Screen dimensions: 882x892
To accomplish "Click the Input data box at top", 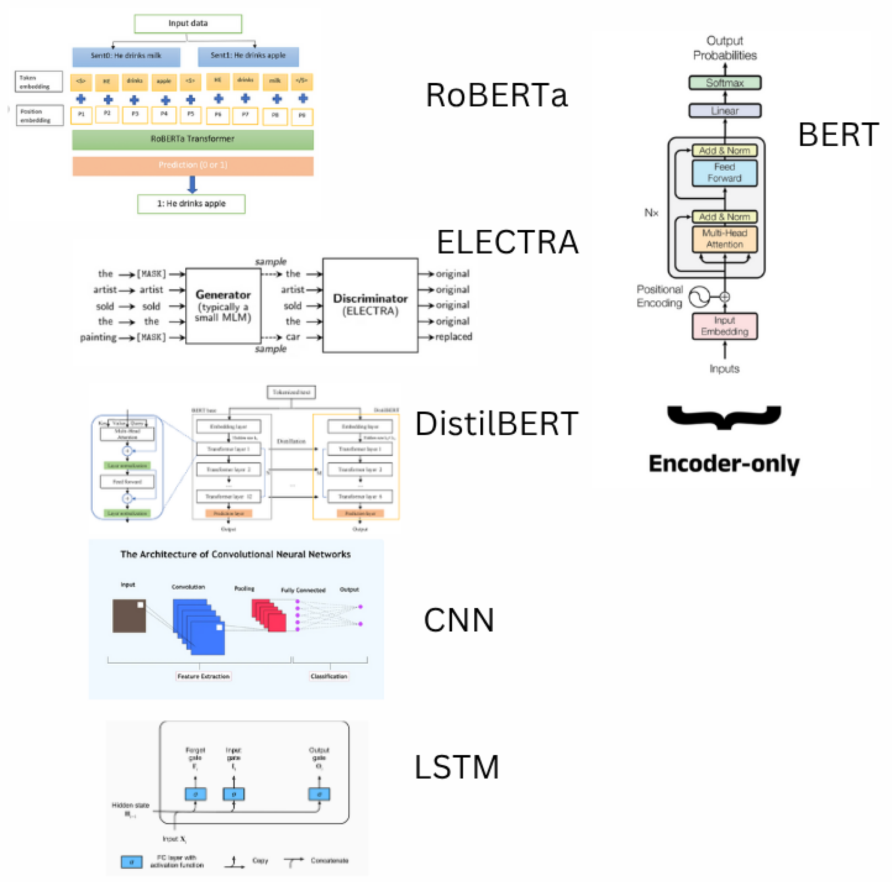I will [x=188, y=24].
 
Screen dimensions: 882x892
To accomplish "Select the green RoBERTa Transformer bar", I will [x=193, y=139].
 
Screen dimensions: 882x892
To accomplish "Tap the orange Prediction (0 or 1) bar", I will [x=193, y=166].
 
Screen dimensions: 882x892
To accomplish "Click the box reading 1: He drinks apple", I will [x=191, y=204].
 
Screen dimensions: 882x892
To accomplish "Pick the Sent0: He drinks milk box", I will [x=126, y=56].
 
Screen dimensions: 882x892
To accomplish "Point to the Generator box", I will [x=223, y=305].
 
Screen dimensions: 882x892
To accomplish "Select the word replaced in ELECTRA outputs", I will [x=453, y=337].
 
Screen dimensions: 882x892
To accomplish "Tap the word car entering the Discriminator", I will [x=293, y=337].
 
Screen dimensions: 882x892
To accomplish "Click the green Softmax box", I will [x=724, y=83].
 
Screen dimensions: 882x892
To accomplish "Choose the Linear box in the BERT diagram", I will [x=724, y=111].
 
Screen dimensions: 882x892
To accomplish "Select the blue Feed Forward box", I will [x=724, y=173].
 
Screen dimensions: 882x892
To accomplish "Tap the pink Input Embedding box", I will [x=724, y=326].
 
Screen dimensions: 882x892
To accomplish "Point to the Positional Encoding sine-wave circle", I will [x=699, y=297].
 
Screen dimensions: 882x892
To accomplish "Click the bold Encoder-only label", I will [x=723, y=464].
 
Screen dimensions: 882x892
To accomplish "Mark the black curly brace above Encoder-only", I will [x=723, y=416].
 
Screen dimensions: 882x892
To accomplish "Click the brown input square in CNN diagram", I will [x=129, y=616].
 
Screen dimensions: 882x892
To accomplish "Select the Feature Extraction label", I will [x=203, y=676].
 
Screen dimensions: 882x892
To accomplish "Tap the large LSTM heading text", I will [x=456, y=767].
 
